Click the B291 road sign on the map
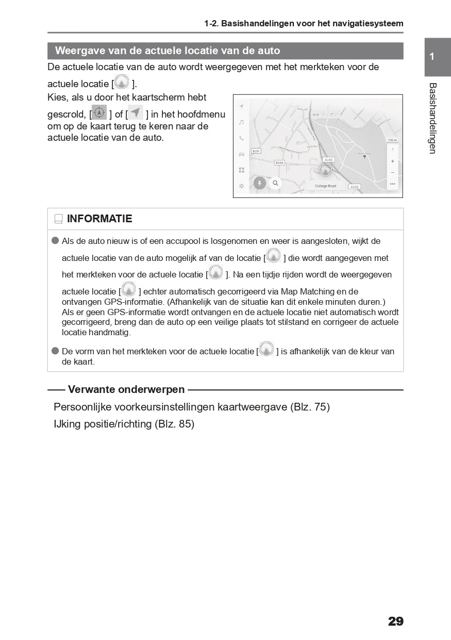click(x=256, y=151)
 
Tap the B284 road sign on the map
click(x=279, y=162)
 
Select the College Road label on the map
click(x=325, y=186)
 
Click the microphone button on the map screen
click(x=260, y=183)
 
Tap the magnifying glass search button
click(x=275, y=183)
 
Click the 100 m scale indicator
click(x=392, y=140)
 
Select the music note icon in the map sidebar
click(x=241, y=122)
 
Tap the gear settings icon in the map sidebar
click(x=241, y=186)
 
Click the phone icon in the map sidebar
click(x=241, y=138)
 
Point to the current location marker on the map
click(x=325, y=170)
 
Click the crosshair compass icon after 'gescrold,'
click(x=99, y=112)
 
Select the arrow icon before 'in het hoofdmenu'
click(x=136, y=112)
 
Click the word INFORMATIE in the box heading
click(x=99, y=219)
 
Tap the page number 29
click(x=395, y=621)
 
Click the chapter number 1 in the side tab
click(x=432, y=57)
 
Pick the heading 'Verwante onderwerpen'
click(x=126, y=389)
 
